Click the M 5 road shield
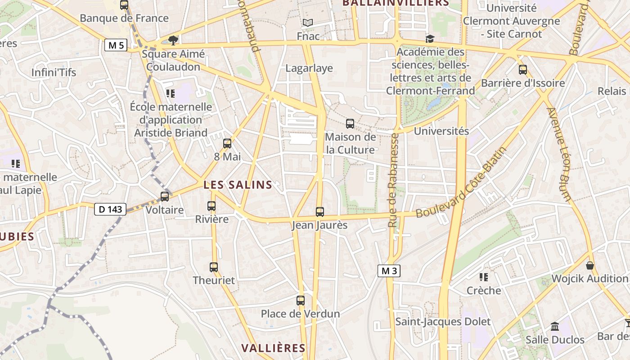[x=116, y=45]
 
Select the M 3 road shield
[x=389, y=271]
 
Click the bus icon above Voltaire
[x=165, y=197]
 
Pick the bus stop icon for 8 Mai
[x=227, y=144]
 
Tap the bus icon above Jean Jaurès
[x=320, y=211]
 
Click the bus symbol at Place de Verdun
[x=301, y=300]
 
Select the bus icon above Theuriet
[x=214, y=267]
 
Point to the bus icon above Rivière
[x=211, y=206]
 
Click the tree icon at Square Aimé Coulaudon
[x=173, y=40]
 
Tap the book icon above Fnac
[x=308, y=22]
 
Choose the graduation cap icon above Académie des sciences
[x=430, y=39]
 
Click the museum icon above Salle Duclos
[x=555, y=326]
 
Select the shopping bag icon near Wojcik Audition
[x=590, y=265]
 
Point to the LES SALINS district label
[x=238, y=184]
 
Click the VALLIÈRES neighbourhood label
[x=273, y=348]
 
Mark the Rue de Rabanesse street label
[x=393, y=180]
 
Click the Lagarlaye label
[x=309, y=68]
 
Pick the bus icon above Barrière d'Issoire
[x=523, y=70]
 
